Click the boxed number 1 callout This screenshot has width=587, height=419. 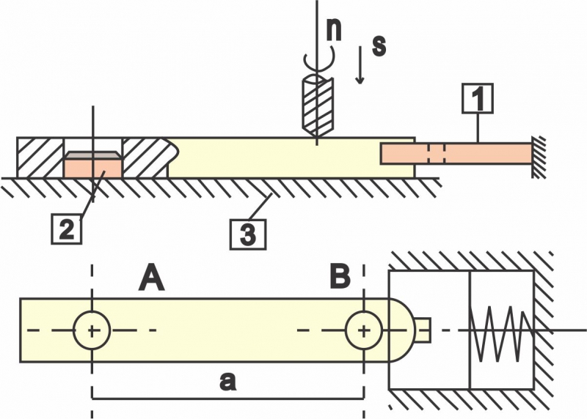tap(478, 100)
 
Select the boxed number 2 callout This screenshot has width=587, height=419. tap(67, 230)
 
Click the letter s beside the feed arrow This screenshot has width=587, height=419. tap(379, 45)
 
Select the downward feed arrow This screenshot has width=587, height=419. tap(360, 70)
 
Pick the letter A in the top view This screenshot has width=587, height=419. tap(151, 278)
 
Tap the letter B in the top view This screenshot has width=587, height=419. tap(340, 278)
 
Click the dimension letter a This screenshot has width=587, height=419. tap(228, 381)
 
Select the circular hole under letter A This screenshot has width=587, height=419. tap(92, 330)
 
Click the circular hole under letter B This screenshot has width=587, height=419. tap(364, 330)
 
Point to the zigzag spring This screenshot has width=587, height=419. tap(501, 330)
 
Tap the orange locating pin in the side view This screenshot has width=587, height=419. tap(92, 165)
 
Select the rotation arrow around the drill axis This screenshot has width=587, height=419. tap(316, 57)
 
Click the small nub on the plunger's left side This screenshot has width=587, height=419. tap(425, 330)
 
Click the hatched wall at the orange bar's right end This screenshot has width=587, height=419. tap(539, 156)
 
